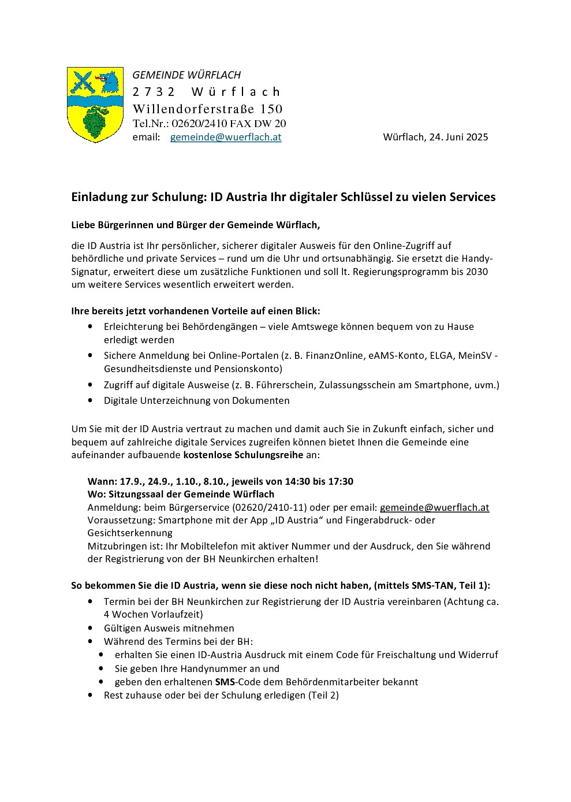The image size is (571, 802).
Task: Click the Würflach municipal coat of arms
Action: [x=95, y=105]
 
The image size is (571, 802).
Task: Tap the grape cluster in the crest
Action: [x=95, y=122]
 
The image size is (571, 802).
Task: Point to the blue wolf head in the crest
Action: [x=109, y=82]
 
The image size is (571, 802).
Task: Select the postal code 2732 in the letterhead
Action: [x=154, y=92]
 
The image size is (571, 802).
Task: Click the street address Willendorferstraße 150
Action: [x=207, y=109]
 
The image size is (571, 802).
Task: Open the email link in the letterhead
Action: [x=226, y=137]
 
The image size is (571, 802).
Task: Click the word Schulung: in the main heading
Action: [x=179, y=197]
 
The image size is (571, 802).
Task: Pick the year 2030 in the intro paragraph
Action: [x=476, y=272]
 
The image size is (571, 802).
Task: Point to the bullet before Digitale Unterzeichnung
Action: [x=90, y=400]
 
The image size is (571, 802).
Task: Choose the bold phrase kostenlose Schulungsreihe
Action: [x=243, y=455]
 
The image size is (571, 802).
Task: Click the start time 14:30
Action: [x=297, y=481]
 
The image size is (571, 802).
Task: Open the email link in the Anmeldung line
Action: [x=434, y=507]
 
